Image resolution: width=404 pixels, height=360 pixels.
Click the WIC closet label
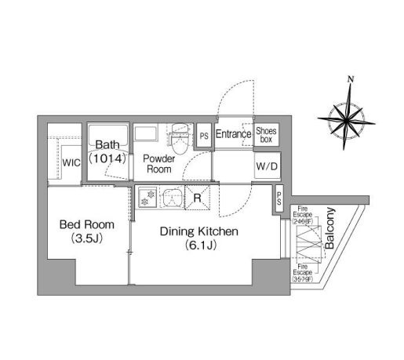tap(71, 163)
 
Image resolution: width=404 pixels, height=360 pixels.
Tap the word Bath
tap(106, 145)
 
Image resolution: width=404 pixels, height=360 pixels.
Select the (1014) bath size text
tap(107, 158)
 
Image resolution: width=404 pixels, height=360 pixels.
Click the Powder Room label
tap(158, 164)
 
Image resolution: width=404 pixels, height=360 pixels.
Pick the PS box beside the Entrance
tap(204, 135)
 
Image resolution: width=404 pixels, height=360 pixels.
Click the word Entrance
tap(232, 134)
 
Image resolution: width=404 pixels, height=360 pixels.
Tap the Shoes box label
tap(265, 135)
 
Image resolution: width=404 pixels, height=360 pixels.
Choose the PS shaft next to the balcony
tap(278, 201)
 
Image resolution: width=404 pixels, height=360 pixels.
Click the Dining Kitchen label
tap(198, 231)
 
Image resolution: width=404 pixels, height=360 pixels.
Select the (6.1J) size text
tap(198, 246)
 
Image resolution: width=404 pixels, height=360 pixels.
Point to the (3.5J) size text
tap(83, 238)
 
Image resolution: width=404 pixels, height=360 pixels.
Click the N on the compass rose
tap(351, 78)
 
